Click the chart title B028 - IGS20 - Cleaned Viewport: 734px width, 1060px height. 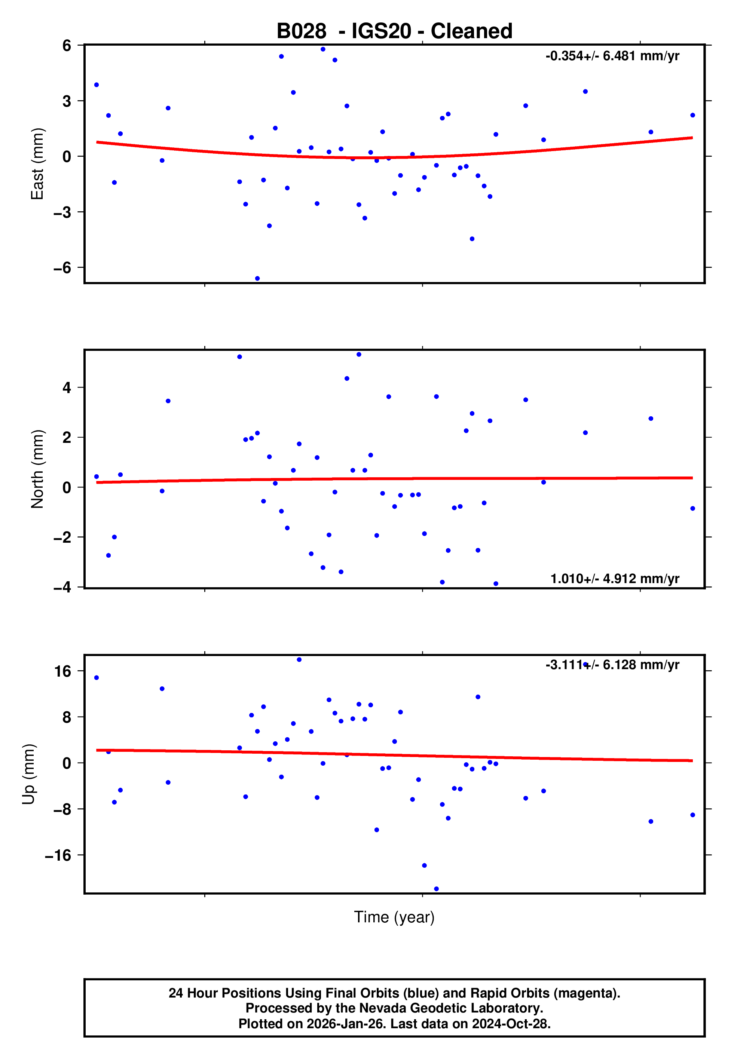coord(394,31)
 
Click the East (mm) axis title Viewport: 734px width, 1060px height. coord(37,164)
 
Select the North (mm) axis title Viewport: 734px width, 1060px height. coord(37,469)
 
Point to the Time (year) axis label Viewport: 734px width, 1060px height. coord(394,917)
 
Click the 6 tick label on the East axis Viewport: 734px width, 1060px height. coord(67,46)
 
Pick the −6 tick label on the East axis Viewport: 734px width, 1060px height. coord(63,267)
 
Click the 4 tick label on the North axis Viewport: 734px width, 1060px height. coord(67,387)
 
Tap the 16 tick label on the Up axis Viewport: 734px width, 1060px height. coord(63,671)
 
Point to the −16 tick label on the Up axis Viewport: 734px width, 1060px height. coord(58,855)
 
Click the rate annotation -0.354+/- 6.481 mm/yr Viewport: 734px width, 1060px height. coord(612,56)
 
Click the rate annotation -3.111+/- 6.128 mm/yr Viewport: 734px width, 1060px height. coord(612,665)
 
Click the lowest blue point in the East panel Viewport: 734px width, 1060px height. coord(257,279)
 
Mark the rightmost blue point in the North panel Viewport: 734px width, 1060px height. coord(692,508)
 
